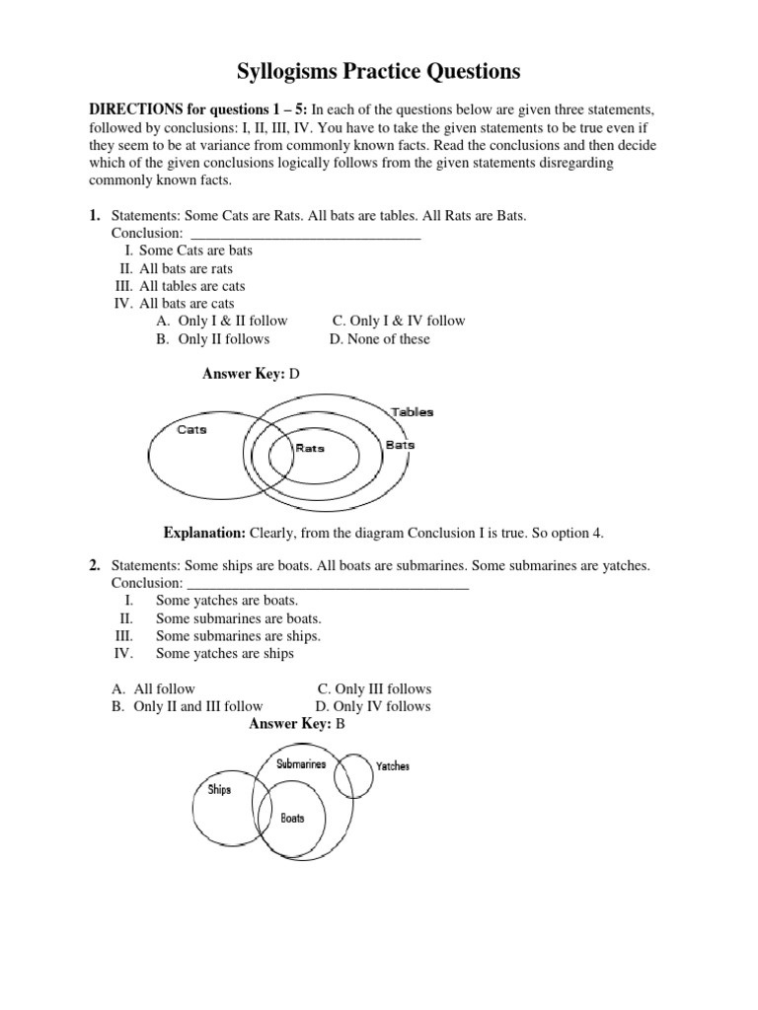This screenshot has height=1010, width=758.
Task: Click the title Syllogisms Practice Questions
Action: pos(379,71)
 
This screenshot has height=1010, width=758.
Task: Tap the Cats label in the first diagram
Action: pos(191,430)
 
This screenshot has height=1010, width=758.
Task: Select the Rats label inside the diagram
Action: pos(310,449)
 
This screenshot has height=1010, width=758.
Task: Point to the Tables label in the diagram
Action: pos(412,412)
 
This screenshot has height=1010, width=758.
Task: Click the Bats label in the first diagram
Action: pos(400,445)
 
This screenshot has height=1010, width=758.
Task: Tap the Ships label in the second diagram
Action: pos(219,789)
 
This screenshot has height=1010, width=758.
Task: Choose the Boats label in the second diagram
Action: pos(292,818)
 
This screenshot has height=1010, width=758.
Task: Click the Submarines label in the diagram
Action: pos(301,764)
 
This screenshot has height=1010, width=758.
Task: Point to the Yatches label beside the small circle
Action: pos(393,766)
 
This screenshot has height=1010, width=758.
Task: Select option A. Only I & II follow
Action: pos(222,321)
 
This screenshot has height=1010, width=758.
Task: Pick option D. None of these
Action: pos(380,339)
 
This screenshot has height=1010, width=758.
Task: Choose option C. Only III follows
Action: pos(374,688)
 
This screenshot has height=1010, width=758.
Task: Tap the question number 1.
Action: pos(95,215)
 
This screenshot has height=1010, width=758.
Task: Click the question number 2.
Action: pos(95,565)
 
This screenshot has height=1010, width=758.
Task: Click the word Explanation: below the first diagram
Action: pos(204,533)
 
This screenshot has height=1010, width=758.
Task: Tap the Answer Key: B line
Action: pos(296,724)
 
